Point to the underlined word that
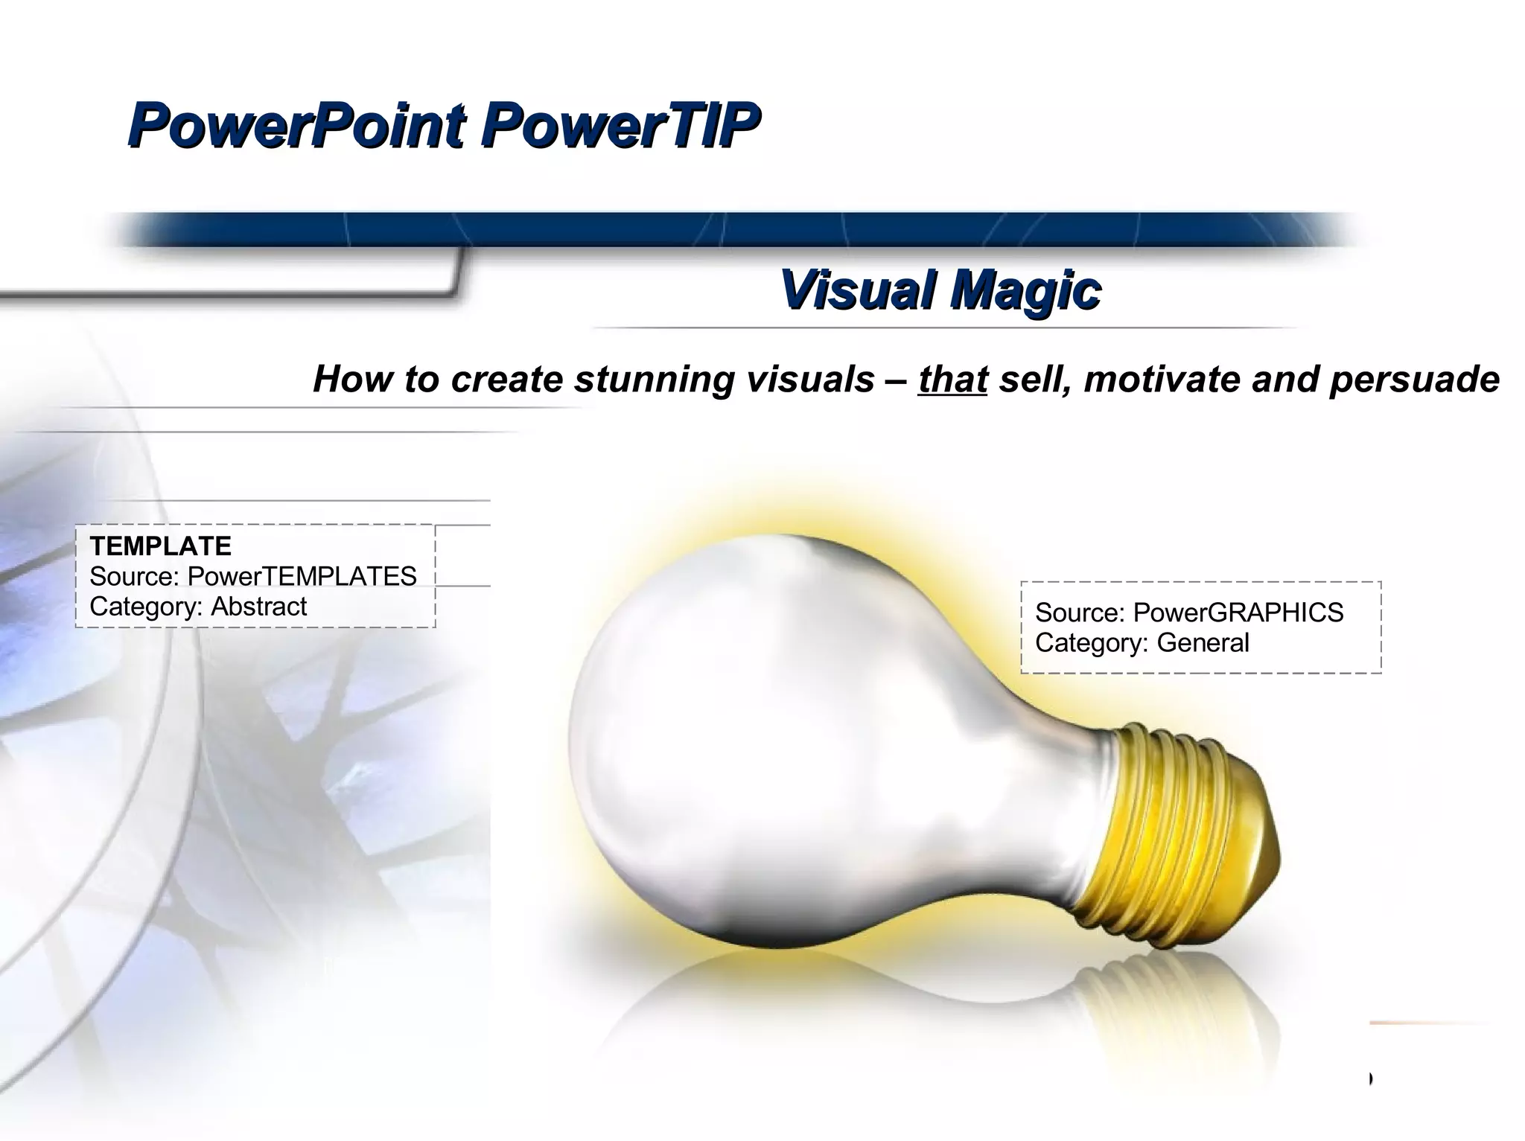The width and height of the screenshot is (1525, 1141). (x=952, y=379)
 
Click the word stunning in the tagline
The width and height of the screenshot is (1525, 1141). (x=656, y=380)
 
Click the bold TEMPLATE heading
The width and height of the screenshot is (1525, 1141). (x=160, y=546)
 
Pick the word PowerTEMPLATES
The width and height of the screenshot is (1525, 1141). (x=302, y=576)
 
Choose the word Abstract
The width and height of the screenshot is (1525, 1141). (x=258, y=607)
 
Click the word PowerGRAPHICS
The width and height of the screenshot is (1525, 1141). (x=1238, y=613)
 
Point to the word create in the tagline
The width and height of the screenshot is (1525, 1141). (x=507, y=379)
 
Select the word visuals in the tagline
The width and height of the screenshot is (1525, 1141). (x=809, y=379)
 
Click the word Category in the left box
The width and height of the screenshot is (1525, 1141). (x=144, y=607)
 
